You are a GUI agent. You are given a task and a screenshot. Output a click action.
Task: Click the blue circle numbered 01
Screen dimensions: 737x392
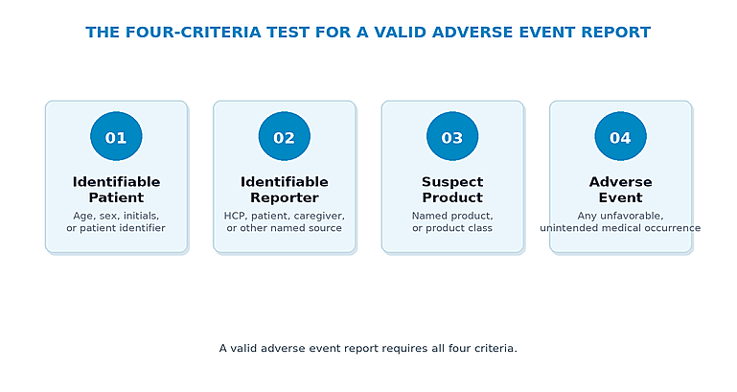(x=116, y=136)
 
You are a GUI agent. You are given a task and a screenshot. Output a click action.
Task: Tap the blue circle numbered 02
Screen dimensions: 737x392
(x=285, y=136)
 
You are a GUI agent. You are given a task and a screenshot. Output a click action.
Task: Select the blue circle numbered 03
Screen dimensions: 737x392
(x=452, y=136)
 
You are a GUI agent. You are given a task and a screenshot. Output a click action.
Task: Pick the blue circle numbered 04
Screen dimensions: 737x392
(x=620, y=136)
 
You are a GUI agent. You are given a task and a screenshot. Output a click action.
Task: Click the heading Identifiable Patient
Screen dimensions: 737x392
(x=116, y=190)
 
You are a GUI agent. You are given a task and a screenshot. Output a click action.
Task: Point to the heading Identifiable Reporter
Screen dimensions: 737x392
(x=285, y=190)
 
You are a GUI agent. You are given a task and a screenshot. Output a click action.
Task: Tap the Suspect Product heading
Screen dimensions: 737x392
(x=452, y=190)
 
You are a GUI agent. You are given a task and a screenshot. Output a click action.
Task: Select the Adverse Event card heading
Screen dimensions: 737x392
(x=620, y=190)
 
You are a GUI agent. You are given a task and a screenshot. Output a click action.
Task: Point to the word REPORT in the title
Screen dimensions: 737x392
(x=615, y=33)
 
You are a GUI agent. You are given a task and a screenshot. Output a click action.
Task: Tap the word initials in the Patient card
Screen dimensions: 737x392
(x=141, y=216)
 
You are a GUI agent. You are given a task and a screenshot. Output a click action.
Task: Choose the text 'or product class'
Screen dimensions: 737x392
(x=452, y=228)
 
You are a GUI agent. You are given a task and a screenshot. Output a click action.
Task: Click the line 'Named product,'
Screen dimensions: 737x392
(x=452, y=216)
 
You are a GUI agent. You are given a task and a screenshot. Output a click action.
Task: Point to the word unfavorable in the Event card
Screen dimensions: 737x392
(x=632, y=216)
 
